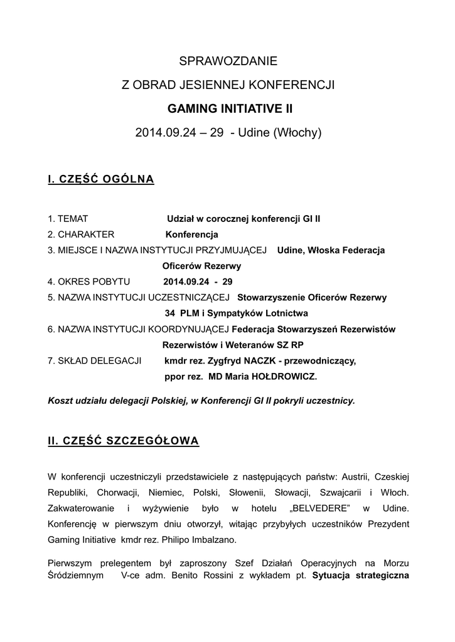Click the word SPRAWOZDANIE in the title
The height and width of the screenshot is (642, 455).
point(228,61)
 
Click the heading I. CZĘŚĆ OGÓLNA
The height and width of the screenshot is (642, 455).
point(101,180)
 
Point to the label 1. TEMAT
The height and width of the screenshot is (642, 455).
point(68,219)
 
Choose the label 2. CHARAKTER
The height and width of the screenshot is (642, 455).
point(81,234)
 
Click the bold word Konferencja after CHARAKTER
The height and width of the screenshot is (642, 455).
point(191,234)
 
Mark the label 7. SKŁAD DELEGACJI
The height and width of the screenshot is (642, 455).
point(94,360)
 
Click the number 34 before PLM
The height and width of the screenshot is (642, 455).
point(169,313)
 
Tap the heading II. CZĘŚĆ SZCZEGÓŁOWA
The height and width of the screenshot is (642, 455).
point(124,441)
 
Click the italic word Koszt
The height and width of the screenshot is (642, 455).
point(61,399)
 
